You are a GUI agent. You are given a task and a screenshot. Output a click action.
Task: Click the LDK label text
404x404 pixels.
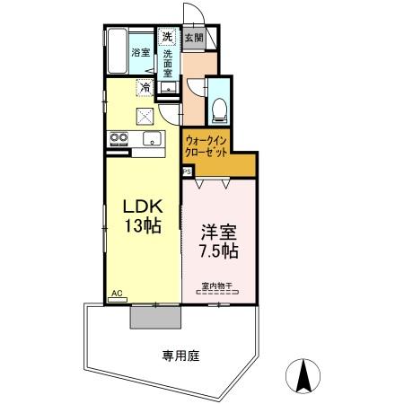coord(140,205)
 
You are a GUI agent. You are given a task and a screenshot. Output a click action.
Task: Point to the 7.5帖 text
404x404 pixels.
coord(218,250)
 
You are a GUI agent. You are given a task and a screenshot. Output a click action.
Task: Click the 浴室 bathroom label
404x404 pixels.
coord(140,53)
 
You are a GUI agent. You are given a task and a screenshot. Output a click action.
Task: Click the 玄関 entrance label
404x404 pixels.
coord(193,39)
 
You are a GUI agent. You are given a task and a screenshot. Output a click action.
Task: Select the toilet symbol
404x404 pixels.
coord(219,107)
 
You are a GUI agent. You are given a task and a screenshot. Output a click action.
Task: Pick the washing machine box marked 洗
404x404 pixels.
coord(167,38)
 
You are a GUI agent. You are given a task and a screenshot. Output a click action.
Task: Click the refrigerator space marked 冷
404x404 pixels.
coord(145,88)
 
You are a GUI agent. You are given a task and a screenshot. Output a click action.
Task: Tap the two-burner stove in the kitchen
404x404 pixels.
coord(119,138)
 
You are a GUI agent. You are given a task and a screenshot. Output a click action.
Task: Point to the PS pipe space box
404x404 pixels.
coord(187,169)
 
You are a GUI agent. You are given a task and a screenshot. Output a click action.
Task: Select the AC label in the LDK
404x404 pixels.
coord(118,294)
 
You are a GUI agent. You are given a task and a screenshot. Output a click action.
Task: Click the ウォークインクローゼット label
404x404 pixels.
coord(207,146)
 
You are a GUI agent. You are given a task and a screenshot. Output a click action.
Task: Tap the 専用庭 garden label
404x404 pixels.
coord(180,356)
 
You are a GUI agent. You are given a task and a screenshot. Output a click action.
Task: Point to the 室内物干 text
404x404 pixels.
coord(216,287)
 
